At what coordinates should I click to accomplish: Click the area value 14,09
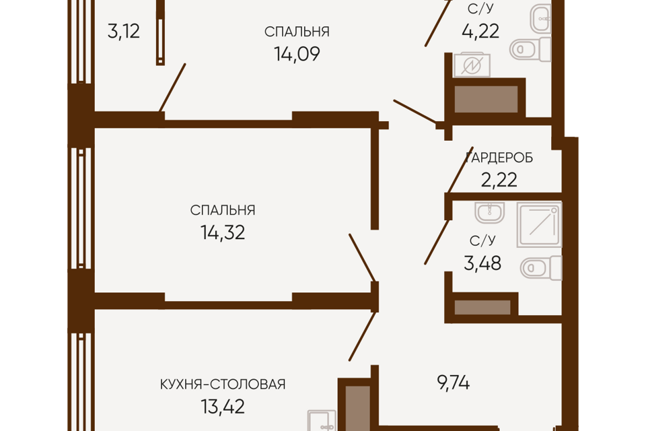pyautogui.click(x=297, y=54)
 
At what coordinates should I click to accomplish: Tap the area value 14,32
pyautogui.click(x=223, y=232)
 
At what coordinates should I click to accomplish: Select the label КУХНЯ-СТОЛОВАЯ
pyautogui.click(x=223, y=385)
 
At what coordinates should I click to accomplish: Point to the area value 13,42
pyautogui.click(x=223, y=407)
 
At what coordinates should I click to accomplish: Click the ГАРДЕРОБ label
pyautogui.click(x=499, y=158)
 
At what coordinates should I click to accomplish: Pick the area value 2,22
pyautogui.click(x=499, y=180)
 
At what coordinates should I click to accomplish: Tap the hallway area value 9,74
pyautogui.click(x=453, y=383)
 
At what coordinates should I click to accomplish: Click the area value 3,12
pyautogui.click(x=124, y=32)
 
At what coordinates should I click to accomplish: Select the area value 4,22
pyautogui.click(x=480, y=31)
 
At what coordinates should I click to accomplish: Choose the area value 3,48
pyautogui.click(x=482, y=263)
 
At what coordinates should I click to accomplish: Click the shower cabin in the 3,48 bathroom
pyautogui.click(x=539, y=225)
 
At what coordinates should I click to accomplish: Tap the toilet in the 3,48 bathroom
pyautogui.click(x=541, y=267)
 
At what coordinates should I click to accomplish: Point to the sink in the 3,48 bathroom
pyautogui.click(x=489, y=213)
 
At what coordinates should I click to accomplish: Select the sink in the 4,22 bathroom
pyautogui.click(x=540, y=19)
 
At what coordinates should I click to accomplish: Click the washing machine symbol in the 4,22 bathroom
pyautogui.click(x=472, y=65)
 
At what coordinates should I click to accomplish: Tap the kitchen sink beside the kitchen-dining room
pyautogui.click(x=322, y=421)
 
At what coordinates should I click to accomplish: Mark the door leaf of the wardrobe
pyautogui.click(x=460, y=170)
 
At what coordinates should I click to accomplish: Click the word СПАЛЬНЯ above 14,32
pyautogui.click(x=223, y=210)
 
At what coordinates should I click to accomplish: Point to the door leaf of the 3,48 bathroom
pyautogui.click(x=437, y=242)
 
